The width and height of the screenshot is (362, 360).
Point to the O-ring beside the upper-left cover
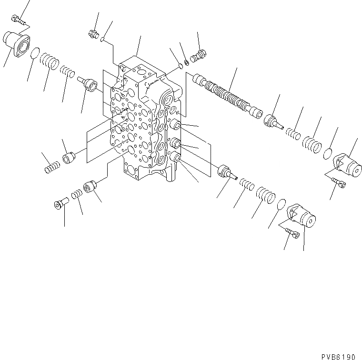click(x=35, y=55)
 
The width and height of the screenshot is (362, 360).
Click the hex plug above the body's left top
click(x=94, y=34)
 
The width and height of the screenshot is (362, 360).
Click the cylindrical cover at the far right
click(x=348, y=163)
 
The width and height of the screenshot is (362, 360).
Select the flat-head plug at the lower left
click(x=60, y=205)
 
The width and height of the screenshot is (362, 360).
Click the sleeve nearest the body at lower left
click(x=90, y=187)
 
